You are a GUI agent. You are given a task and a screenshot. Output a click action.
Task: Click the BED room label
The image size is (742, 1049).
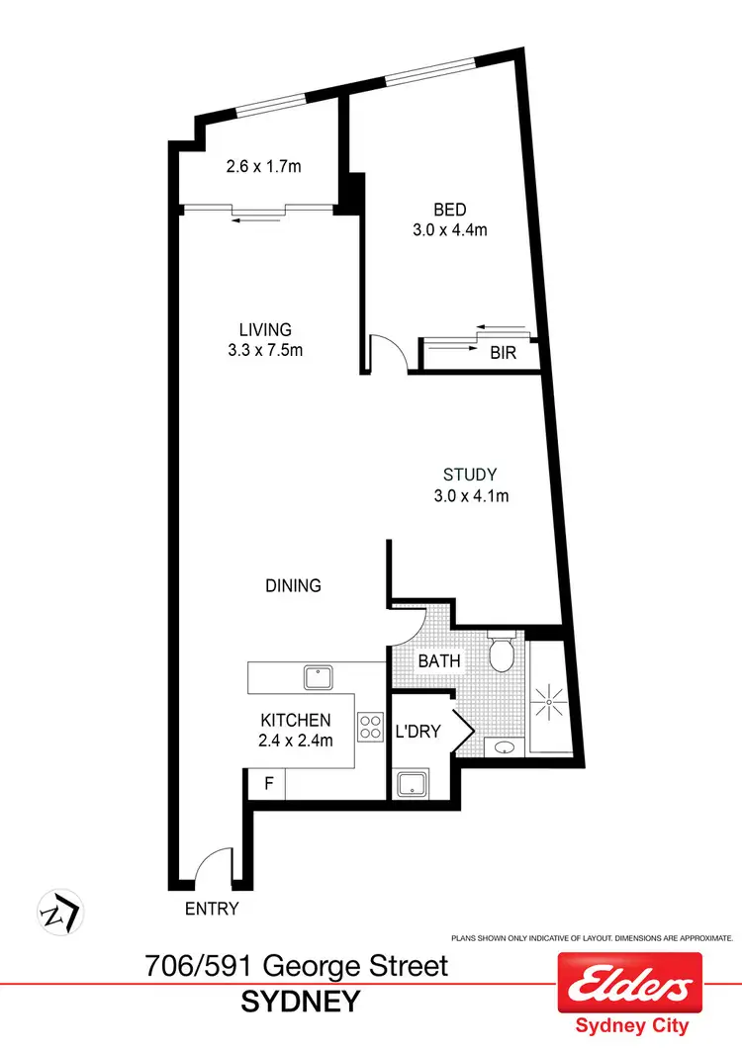[x=450, y=210]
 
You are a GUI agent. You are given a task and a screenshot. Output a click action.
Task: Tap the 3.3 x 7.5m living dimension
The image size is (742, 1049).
[x=264, y=348]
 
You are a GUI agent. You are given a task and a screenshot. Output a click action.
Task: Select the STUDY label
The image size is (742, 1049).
[x=470, y=476]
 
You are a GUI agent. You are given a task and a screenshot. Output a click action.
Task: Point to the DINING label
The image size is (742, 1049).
[x=293, y=585]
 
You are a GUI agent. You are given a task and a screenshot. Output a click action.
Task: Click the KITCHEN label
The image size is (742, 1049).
[x=295, y=721]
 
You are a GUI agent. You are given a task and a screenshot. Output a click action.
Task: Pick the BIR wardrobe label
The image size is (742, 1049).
[x=503, y=352]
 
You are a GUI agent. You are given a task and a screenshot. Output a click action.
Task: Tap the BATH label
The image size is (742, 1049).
[x=439, y=659]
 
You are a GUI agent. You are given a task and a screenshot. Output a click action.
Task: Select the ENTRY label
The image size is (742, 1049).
[x=212, y=908]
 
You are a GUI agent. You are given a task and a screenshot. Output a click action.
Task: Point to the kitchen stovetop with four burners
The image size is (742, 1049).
[x=370, y=728]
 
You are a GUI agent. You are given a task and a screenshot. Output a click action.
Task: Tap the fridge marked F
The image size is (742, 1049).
[x=267, y=784]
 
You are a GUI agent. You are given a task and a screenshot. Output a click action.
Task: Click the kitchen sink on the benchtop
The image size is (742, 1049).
[x=319, y=676]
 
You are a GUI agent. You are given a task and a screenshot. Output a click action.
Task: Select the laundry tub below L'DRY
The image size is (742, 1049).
[x=410, y=785]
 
